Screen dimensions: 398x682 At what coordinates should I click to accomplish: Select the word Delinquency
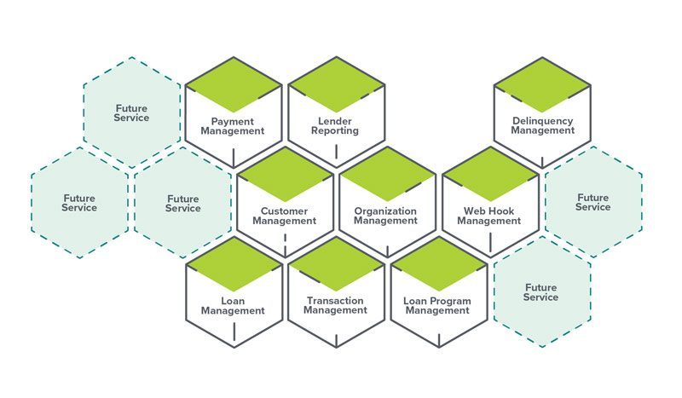click(x=543, y=122)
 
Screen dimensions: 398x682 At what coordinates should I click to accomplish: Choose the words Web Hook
click(x=488, y=211)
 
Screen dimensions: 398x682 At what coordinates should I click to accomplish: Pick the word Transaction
click(x=335, y=301)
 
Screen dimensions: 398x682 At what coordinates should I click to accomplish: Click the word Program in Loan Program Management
click(x=449, y=301)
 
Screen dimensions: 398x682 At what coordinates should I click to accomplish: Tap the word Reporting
click(x=335, y=132)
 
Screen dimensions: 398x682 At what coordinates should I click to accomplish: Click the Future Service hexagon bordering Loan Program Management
click(x=541, y=292)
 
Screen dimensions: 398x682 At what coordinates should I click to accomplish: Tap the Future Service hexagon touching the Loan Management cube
click(x=182, y=203)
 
